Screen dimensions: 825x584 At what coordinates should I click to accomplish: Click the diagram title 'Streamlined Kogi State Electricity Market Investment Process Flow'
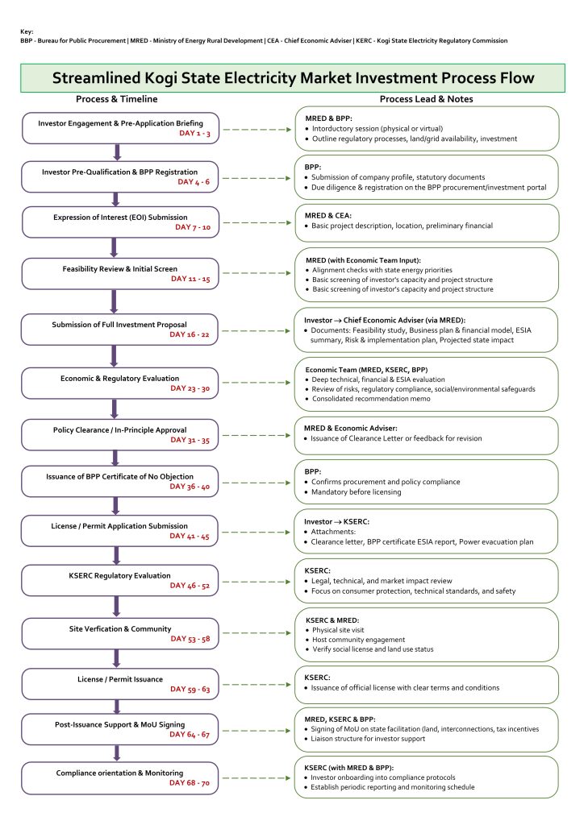[x=292, y=78]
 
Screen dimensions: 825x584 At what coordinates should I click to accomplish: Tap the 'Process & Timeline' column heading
[x=117, y=99]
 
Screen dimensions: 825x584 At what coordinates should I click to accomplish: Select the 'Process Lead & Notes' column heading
[x=426, y=99]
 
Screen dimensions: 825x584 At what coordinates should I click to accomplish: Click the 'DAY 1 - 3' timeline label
[x=194, y=133]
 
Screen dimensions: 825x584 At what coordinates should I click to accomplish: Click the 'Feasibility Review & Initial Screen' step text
[x=120, y=268]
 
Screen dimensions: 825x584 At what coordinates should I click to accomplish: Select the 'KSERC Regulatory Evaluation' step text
[x=120, y=575]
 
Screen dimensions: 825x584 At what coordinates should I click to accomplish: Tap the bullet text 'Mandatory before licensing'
[x=352, y=491]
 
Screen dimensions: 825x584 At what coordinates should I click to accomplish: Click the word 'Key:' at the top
[x=27, y=31]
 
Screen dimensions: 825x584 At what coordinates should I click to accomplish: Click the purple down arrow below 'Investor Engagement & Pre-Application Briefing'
[x=118, y=151]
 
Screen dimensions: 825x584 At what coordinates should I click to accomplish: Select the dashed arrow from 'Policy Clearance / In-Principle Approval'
[x=255, y=435]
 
